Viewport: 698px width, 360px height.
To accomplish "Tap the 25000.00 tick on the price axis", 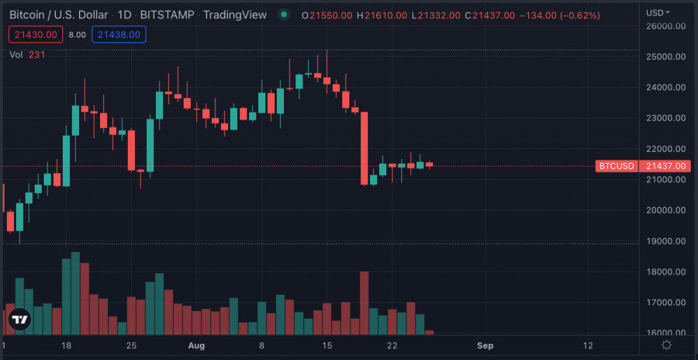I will click(x=668, y=57).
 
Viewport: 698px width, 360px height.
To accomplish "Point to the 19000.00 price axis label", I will click(x=668, y=241).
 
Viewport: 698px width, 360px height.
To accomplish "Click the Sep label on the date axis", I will click(x=485, y=344).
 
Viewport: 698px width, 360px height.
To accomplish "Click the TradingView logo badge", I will click(x=19, y=319).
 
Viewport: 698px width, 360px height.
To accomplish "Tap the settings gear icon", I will click(x=666, y=344).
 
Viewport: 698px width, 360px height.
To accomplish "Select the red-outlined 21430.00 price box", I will click(x=35, y=34).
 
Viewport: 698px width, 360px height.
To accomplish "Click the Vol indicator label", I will click(x=16, y=54).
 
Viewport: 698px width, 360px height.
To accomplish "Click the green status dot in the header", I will click(x=284, y=15).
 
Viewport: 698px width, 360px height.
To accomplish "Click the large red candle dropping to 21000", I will click(x=364, y=148).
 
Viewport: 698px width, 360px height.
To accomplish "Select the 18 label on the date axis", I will click(x=67, y=344).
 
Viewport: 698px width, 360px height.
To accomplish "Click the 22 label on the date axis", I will click(x=392, y=344).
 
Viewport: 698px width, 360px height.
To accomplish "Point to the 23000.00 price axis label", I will click(x=668, y=118).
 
